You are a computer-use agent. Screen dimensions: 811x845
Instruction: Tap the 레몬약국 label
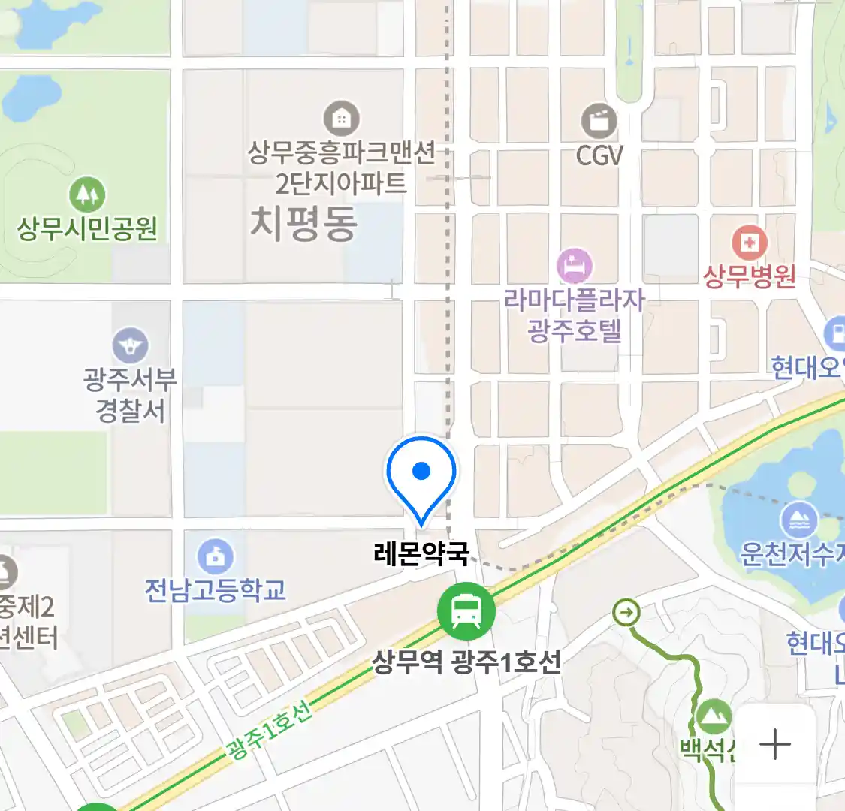(421, 554)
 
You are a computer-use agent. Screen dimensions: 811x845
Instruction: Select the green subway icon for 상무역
(466, 611)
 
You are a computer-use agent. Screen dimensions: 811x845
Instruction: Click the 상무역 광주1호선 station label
(466, 662)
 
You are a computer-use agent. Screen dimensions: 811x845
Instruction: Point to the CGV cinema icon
(599, 121)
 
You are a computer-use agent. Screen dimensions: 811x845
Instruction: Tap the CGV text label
(599, 155)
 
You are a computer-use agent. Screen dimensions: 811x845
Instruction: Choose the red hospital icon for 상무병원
(749, 243)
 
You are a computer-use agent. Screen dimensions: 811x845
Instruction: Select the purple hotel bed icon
(575, 267)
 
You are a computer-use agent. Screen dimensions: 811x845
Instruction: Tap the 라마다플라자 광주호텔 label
(575, 315)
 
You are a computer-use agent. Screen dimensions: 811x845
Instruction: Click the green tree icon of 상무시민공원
(88, 195)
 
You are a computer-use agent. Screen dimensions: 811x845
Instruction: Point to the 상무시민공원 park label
(88, 228)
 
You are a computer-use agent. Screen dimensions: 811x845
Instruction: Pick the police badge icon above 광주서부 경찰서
(131, 346)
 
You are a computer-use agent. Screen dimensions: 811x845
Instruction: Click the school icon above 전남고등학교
(216, 556)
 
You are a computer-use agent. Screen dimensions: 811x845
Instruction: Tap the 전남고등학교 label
(216, 590)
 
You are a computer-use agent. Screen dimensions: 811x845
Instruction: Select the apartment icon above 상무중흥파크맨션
(341, 119)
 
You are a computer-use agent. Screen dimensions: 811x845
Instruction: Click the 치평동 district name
(303, 224)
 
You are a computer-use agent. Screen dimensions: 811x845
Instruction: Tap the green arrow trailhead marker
(626, 613)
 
